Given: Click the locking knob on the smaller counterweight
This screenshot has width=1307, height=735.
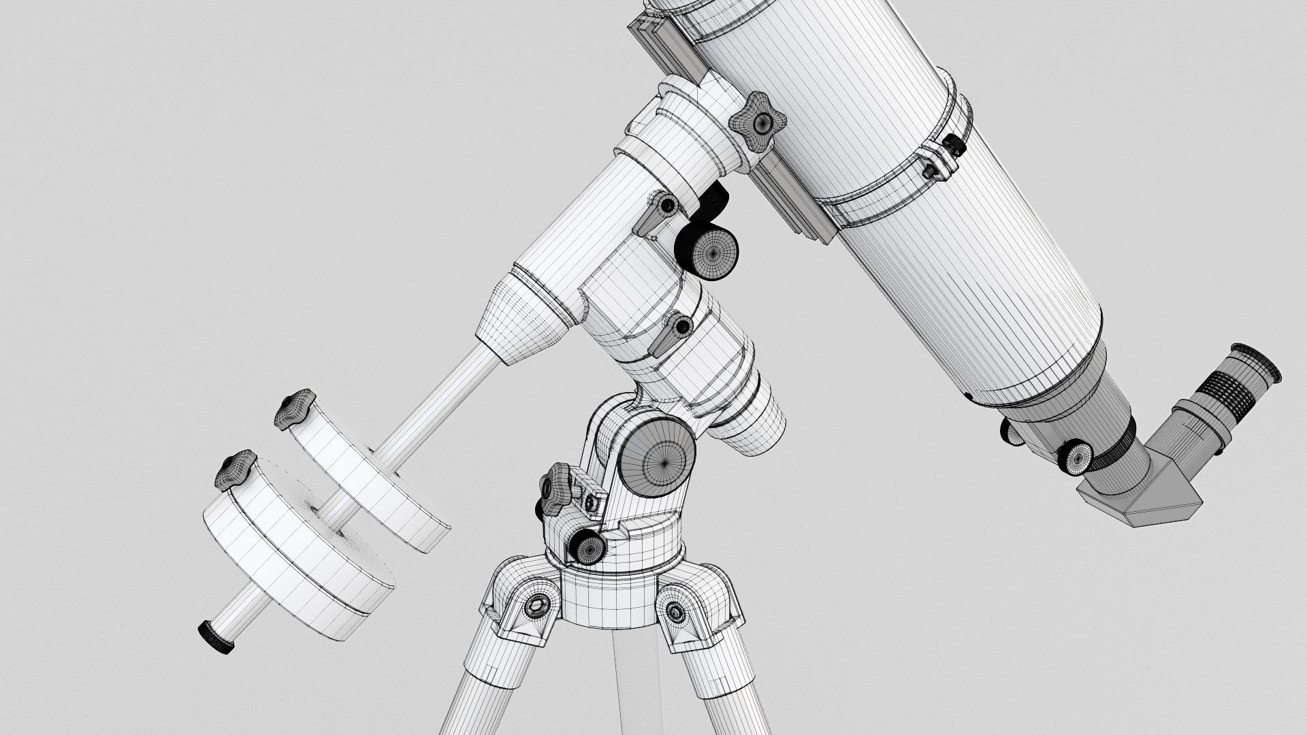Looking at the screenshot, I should tap(294, 408).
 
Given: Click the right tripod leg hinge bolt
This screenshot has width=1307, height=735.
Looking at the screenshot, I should tap(675, 612).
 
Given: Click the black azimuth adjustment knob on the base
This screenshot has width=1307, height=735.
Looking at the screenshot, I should tap(587, 546).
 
